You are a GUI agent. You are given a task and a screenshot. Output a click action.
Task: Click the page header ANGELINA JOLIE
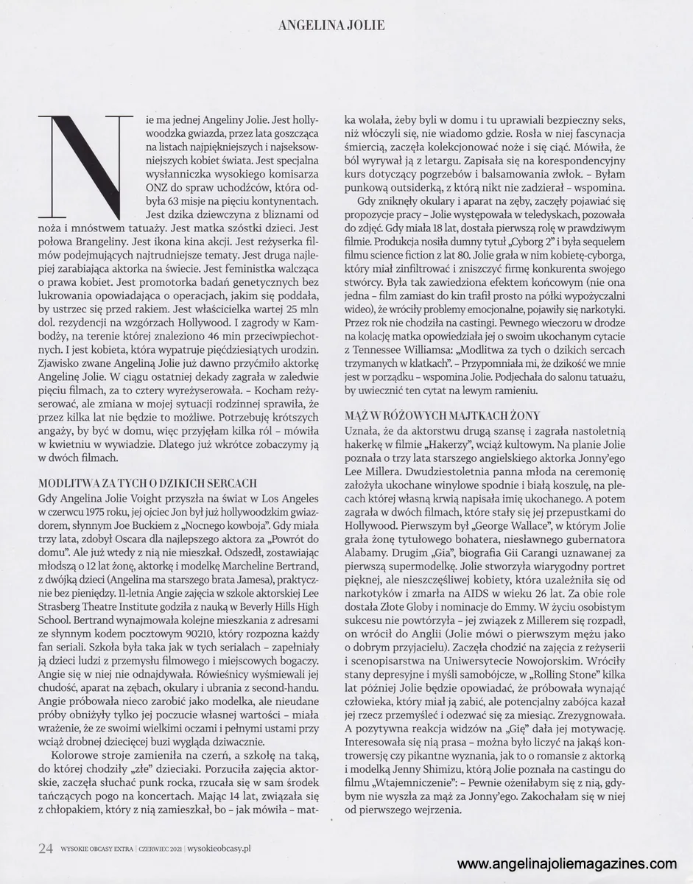point(331,26)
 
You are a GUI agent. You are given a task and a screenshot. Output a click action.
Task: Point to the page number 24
point(46,848)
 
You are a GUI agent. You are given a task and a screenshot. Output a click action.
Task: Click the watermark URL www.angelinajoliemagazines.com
point(566,864)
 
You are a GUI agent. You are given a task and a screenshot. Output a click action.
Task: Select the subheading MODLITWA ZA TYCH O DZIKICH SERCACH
point(147,483)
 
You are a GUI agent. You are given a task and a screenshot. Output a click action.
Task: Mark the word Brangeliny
point(99,243)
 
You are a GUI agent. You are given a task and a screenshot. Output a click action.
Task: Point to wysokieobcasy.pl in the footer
point(220,849)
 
